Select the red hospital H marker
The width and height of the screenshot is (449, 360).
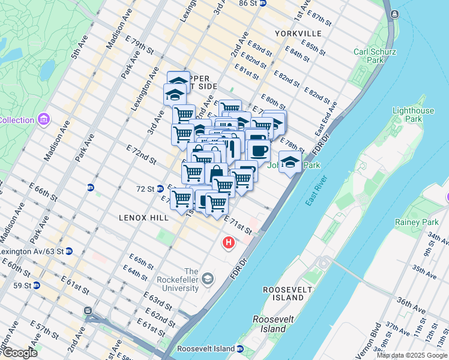coord(228,243)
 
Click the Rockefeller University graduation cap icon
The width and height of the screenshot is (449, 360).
coord(207,278)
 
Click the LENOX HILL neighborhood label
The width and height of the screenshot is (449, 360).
coord(143,217)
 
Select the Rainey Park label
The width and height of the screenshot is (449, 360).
coord(412,222)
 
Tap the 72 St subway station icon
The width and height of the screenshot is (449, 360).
coord(160,188)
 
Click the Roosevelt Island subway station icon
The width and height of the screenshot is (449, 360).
coord(240,349)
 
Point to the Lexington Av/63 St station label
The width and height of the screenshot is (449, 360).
coord(31,251)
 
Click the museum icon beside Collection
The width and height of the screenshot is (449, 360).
coord(43,120)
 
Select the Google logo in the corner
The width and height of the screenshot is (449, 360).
coord(19,353)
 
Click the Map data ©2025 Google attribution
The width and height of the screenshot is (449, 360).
coord(412,355)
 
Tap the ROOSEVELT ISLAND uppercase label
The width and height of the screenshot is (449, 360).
coord(284,293)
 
